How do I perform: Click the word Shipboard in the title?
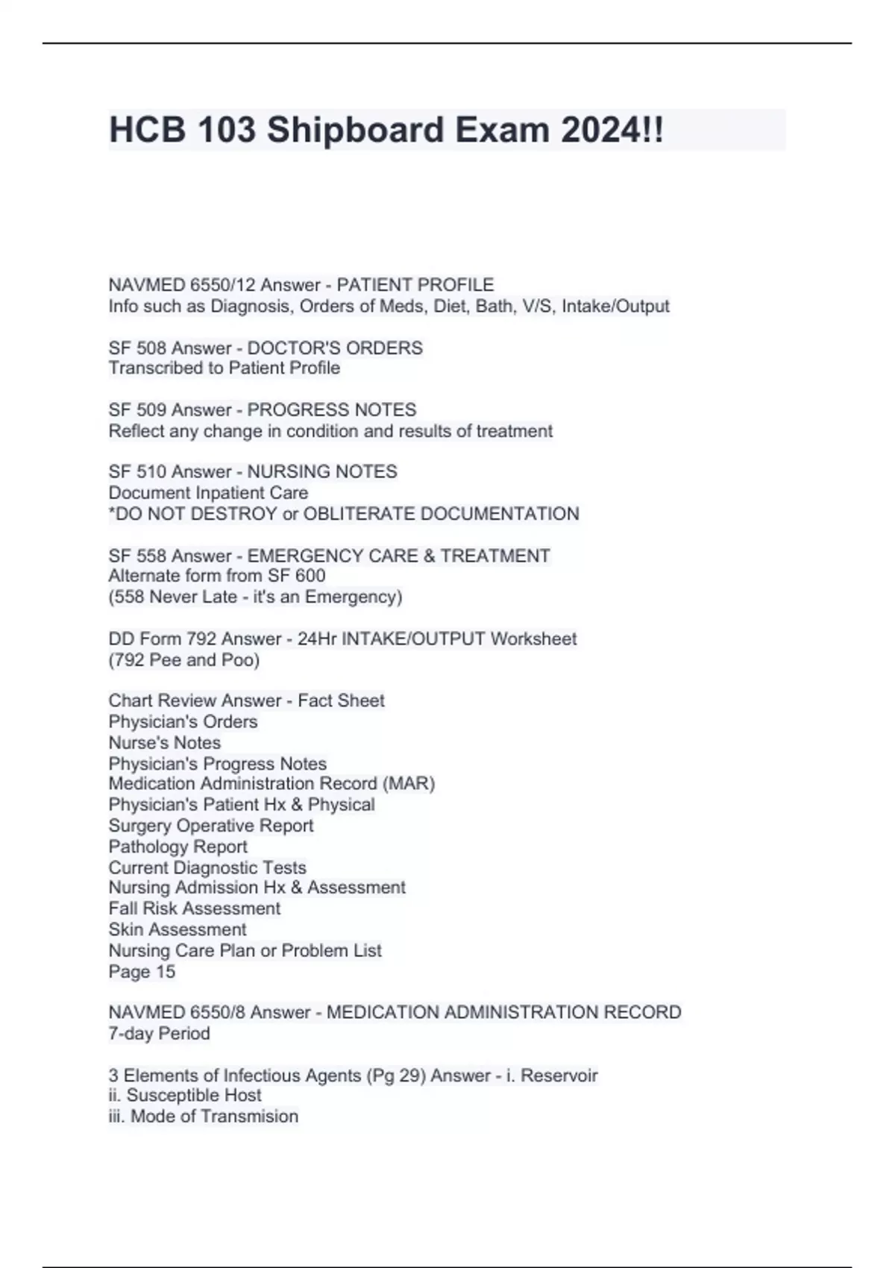click(x=355, y=131)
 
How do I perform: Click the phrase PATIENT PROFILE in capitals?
click(x=415, y=285)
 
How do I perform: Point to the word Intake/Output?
click(x=615, y=307)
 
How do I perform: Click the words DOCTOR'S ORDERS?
click(x=335, y=348)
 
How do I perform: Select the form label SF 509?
click(x=138, y=410)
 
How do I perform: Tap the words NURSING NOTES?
click(x=322, y=472)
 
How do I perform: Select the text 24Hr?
click(x=317, y=639)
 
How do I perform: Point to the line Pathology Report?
click(x=178, y=847)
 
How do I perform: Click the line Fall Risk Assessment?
click(x=195, y=908)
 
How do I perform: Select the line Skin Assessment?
click(x=178, y=930)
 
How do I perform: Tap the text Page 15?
click(x=142, y=972)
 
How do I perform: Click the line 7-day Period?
click(x=159, y=1034)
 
